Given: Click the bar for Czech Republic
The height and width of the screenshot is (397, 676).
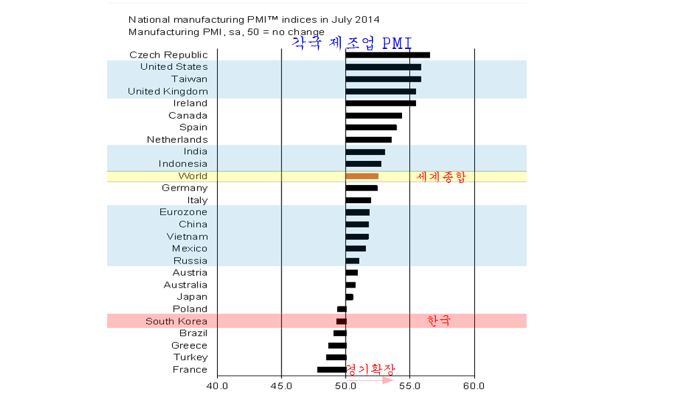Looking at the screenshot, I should (x=387, y=55).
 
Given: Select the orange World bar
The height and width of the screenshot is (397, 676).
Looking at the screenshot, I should (x=362, y=176).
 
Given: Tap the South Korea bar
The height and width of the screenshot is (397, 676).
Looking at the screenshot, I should (x=341, y=321).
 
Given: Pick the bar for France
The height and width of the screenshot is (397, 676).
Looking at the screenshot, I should (x=332, y=370).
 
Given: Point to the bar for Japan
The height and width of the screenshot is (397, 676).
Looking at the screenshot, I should (x=349, y=297).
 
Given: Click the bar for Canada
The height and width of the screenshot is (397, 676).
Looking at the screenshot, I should (x=373, y=115).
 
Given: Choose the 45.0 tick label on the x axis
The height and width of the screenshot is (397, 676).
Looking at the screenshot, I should (x=281, y=386).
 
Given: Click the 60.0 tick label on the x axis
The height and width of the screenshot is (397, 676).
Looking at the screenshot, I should (x=474, y=386).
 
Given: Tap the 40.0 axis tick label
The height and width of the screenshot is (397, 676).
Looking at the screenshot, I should (x=217, y=386).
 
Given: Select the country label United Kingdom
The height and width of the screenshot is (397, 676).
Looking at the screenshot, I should (x=167, y=91).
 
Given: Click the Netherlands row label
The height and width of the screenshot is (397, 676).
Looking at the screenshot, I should (x=178, y=139).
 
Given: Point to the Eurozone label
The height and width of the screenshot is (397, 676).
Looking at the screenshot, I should (x=184, y=212).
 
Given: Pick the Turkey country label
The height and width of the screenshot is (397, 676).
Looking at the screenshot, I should (x=190, y=357).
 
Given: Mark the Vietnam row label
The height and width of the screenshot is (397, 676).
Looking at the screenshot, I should (x=187, y=236).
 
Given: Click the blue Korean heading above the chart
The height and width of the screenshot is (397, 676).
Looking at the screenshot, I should (x=351, y=43).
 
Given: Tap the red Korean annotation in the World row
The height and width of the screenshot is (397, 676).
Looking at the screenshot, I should (x=440, y=177).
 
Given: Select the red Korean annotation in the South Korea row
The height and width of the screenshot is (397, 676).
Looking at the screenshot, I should (x=439, y=321).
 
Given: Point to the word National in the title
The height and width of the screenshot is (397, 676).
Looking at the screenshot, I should (x=148, y=20).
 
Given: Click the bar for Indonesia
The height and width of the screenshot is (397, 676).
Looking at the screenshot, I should (x=363, y=164).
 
